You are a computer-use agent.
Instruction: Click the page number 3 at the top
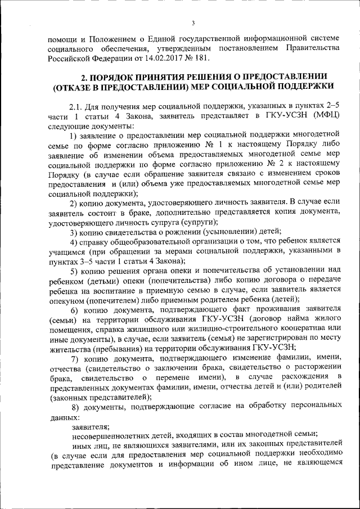[192, 22]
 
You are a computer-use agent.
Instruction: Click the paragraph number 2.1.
[77, 106]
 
